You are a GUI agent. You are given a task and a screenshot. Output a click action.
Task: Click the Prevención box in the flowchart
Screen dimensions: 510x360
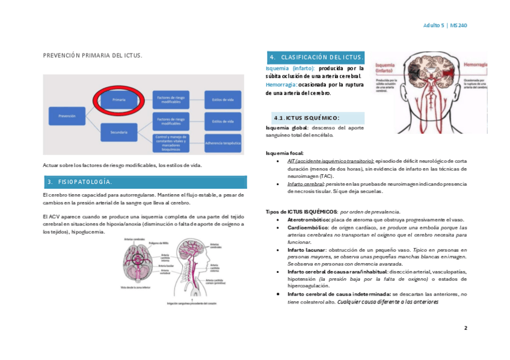pyautogui.click(x=67, y=115)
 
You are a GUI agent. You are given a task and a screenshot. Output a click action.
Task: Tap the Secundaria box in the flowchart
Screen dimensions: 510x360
pyautogui.click(x=118, y=132)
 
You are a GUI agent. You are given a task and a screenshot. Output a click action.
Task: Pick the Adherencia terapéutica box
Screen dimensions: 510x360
pyautogui.click(x=223, y=144)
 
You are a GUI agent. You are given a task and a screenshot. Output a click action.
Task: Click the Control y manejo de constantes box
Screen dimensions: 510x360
pyautogui.click(x=171, y=144)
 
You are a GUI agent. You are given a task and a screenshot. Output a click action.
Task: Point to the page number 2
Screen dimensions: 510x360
pyautogui.click(x=465, y=328)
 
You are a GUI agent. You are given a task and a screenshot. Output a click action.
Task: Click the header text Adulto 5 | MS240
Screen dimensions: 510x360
pyautogui.click(x=445, y=25)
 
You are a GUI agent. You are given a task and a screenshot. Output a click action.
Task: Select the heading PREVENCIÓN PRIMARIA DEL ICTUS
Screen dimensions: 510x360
pyautogui.click(x=92, y=55)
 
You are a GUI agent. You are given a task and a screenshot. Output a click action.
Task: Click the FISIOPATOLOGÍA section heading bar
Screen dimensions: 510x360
pyautogui.click(x=144, y=182)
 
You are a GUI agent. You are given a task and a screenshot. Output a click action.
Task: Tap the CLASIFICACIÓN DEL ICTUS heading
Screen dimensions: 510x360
pyautogui.click(x=315, y=57)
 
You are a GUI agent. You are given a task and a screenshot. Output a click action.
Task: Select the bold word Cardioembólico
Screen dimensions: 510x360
pyautogui.click(x=307, y=228)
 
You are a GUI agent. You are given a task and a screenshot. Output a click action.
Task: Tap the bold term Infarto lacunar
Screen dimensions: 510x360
pyautogui.click(x=306, y=249)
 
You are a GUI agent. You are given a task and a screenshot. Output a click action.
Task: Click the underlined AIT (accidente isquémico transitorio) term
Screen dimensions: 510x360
pyautogui.click(x=330, y=161)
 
